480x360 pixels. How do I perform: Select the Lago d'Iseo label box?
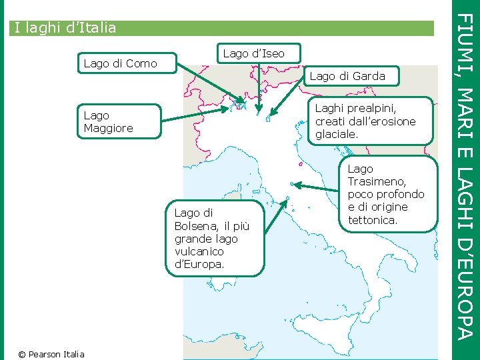click(x=253, y=53)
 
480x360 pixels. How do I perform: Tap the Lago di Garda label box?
click(x=347, y=76)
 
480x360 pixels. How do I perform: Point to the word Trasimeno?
click(x=377, y=181)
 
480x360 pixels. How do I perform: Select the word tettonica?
click(x=373, y=219)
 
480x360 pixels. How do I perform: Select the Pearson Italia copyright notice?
click(x=51, y=354)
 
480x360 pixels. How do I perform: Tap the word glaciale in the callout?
click(x=337, y=134)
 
